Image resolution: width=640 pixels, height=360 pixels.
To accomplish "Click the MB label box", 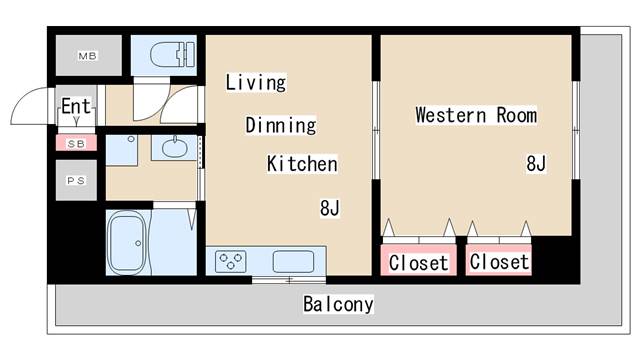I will (88, 54).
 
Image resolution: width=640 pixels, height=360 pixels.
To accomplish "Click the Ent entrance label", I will (76, 106).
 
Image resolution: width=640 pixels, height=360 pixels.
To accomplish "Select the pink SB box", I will (76, 143).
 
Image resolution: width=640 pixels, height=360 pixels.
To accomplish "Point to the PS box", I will (76, 180).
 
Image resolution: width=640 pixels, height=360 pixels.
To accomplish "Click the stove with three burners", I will (231, 262).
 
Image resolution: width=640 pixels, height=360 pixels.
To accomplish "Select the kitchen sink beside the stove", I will (292, 261).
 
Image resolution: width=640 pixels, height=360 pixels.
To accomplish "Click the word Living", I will (255, 82).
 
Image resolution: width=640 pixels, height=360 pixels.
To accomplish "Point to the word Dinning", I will (281, 125).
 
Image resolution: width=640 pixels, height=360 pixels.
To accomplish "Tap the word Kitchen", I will (301, 164).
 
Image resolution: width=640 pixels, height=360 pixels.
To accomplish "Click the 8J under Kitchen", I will (330, 208).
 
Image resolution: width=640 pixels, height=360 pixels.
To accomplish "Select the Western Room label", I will (476, 115).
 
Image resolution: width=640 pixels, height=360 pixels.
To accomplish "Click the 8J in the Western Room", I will (536, 163).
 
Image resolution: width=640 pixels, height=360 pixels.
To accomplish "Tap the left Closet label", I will (419, 262).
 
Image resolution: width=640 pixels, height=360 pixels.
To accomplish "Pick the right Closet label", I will (499, 262).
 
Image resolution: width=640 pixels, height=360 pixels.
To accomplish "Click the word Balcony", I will (338, 304).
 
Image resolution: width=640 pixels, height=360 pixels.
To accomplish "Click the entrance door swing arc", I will (30, 107).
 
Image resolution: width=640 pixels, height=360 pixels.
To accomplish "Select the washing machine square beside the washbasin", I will (122, 150).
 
